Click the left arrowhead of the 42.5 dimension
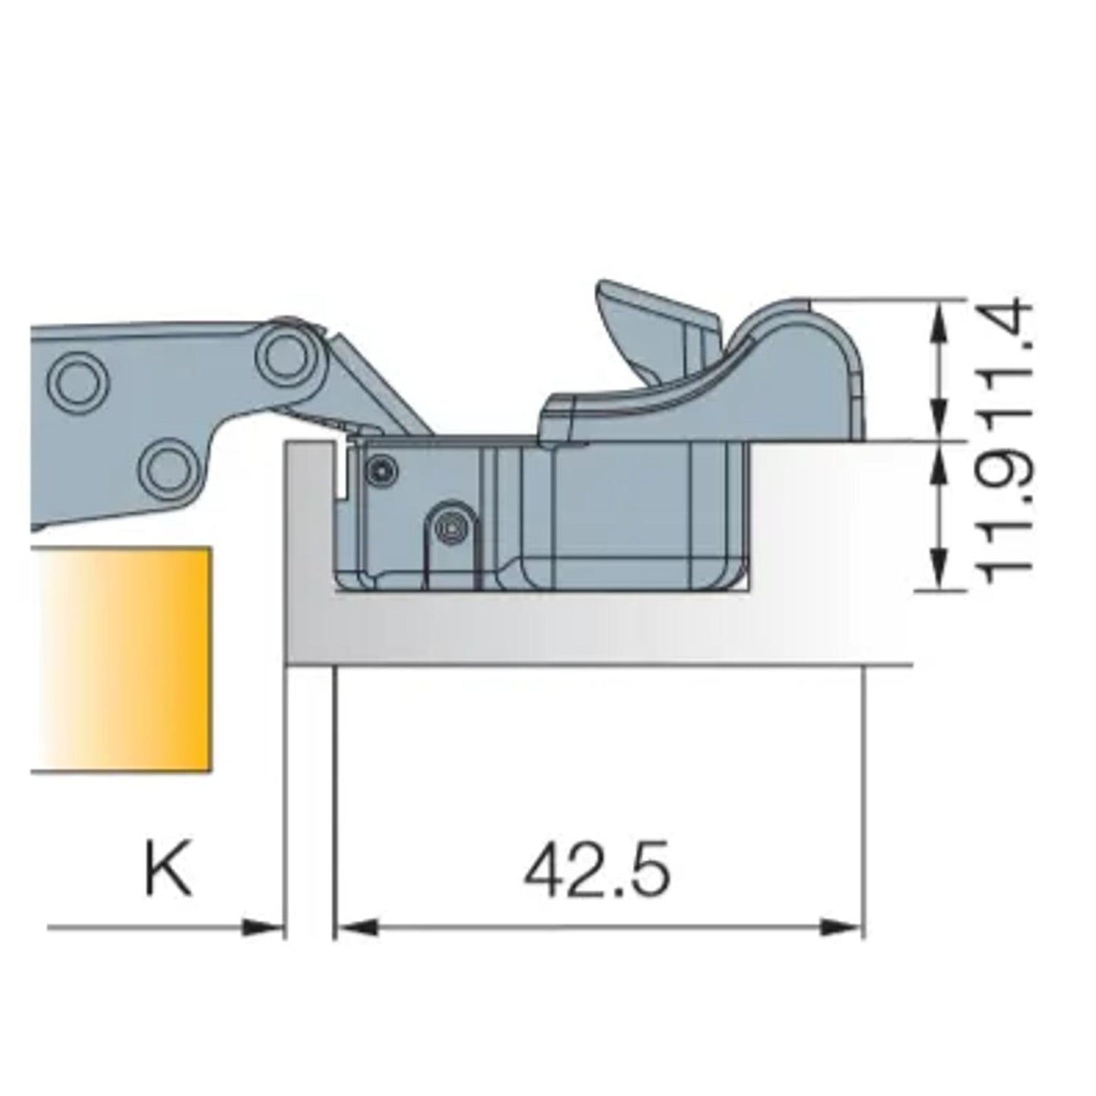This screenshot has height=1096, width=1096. pyautogui.click(x=355, y=927)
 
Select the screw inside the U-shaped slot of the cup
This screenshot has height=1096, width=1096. pyautogui.click(x=451, y=526)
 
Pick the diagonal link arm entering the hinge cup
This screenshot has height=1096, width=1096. pyautogui.click(x=372, y=387)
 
